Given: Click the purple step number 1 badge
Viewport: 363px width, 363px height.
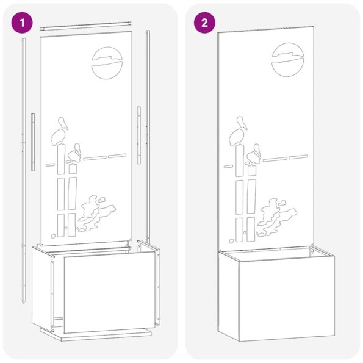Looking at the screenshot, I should pos(23,23).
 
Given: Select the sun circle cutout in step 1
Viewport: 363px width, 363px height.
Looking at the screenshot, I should pos(109,63).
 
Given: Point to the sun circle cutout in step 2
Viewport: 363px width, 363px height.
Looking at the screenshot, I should pos(289,59).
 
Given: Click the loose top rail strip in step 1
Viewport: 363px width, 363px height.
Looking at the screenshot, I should pos(85,26).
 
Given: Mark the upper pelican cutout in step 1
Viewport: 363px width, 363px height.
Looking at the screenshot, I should pos(60,132).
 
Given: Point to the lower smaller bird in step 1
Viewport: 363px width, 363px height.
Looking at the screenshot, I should pos(76,153).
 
